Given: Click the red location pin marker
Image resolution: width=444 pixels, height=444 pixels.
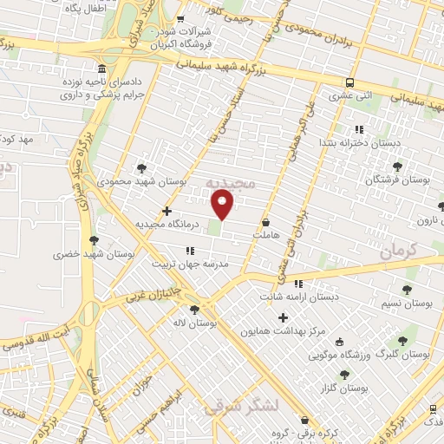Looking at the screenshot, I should coord(223,204).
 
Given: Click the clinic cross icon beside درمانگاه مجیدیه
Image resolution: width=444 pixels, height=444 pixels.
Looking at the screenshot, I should coord(166,211).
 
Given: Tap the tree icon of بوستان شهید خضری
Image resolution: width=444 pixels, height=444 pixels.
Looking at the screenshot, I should coord(94,240).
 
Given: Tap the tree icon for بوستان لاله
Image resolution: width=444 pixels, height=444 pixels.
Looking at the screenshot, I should coord(193,308).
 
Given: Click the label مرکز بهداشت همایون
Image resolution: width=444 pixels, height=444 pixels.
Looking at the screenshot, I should coord(283,331).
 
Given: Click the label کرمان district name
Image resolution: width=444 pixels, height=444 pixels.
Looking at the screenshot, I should coord(398,251).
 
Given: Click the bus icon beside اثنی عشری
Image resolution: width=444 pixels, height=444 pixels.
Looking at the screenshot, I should coord(349,83).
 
